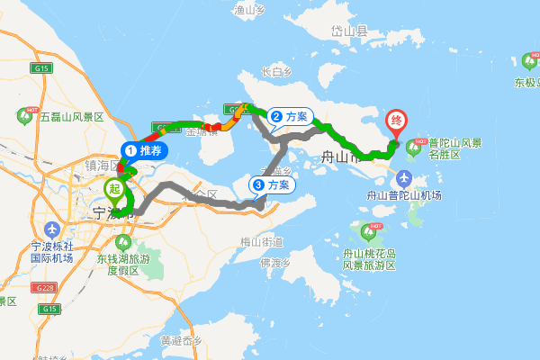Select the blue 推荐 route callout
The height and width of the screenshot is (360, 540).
[144, 151]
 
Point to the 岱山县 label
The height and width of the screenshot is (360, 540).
[350, 31]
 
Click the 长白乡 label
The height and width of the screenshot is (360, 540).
[276, 71]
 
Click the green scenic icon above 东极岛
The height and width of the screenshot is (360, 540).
[528, 62]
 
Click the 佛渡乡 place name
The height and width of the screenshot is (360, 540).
[274, 263]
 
